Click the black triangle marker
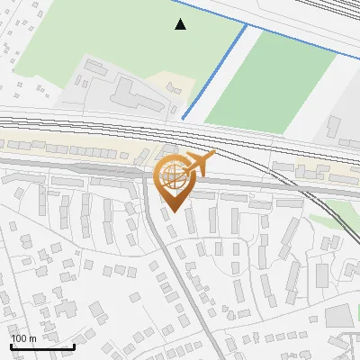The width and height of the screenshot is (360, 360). [181, 24]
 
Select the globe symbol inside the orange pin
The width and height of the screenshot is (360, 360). [172, 175]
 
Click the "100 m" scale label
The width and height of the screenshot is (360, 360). [23, 338]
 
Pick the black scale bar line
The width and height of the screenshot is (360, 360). [41, 346]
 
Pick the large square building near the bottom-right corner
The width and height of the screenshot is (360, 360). [337, 315]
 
